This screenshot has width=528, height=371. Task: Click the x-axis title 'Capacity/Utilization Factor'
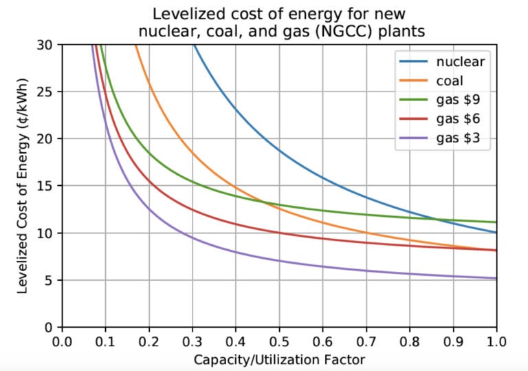coord(279,359)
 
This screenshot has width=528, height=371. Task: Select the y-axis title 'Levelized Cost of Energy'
coord(23,186)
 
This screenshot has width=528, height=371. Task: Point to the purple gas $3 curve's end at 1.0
coord(496,278)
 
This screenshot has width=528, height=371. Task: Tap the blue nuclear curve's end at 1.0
coord(496,233)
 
